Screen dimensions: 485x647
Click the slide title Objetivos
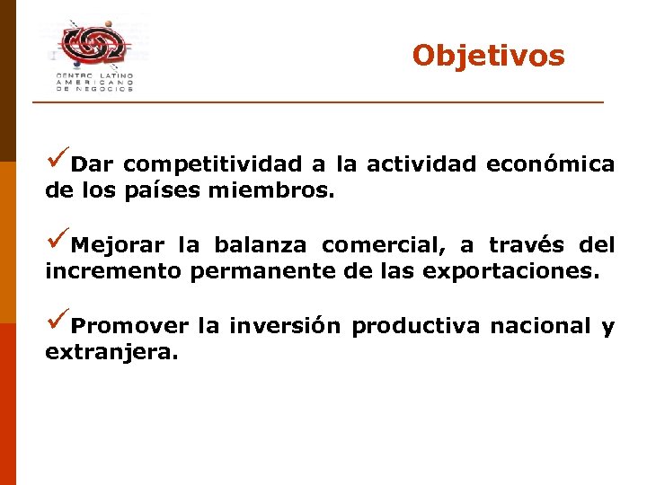tap(488, 56)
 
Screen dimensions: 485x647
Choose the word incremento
tap(113, 271)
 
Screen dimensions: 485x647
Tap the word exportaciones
tap(510, 272)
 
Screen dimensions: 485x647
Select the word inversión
tap(285, 326)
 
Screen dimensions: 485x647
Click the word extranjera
tap(111, 353)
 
